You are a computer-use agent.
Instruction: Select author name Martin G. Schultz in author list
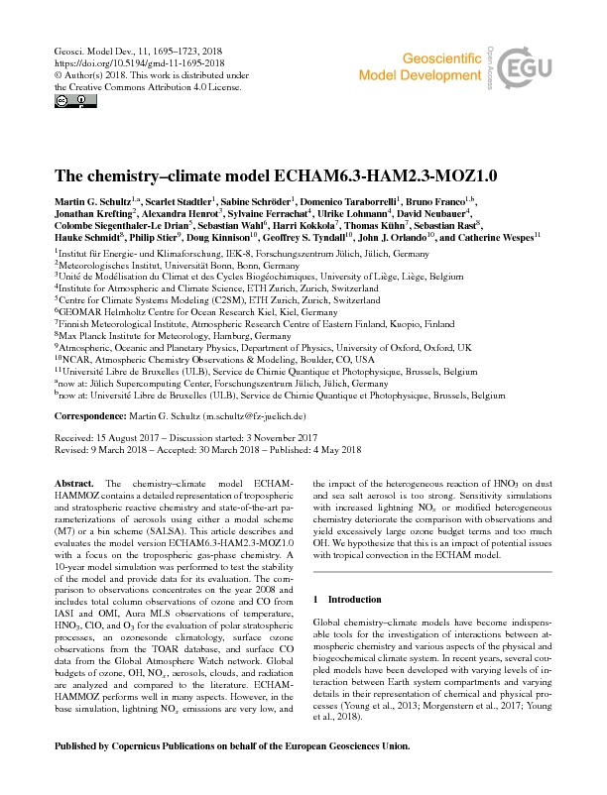(x=96, y=202)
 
